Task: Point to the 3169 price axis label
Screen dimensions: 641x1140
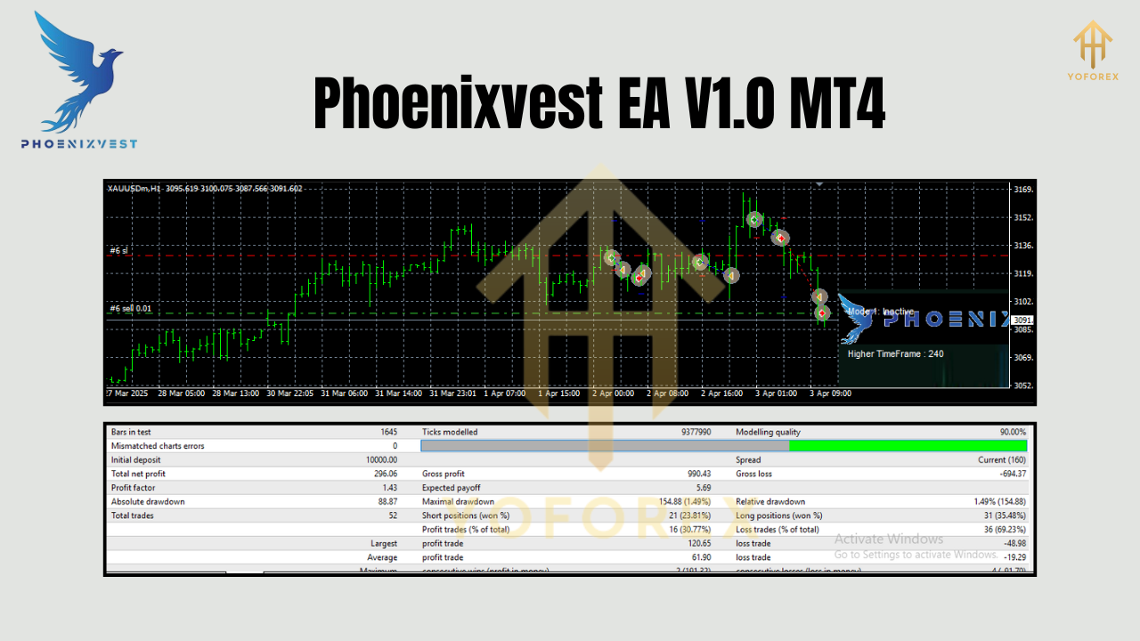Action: pos(1022,190)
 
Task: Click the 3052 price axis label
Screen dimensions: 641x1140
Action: pos(1022,385)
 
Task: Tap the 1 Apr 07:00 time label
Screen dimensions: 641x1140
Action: pos(503,394)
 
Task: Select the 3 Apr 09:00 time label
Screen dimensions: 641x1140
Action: pos(829,394)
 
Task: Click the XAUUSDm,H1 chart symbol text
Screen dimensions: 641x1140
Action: pos(134,189)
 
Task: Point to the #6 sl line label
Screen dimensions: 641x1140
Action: pos(118,251)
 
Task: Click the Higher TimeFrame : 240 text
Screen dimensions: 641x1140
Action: pos(895,353)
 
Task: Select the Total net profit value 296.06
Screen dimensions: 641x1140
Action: pos(384,474)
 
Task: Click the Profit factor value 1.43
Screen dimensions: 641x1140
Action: pos(388,488)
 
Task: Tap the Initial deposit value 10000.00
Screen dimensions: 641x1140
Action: pos(379,460)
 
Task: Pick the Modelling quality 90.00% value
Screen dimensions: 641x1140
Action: pos(1012,432)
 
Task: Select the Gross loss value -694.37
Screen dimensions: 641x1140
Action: pos(1009,474)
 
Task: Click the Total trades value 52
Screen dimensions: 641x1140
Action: pos(392,515)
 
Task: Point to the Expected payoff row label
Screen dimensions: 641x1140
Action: pos(451,488)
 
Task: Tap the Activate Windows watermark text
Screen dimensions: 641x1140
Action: pos(888,539)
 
